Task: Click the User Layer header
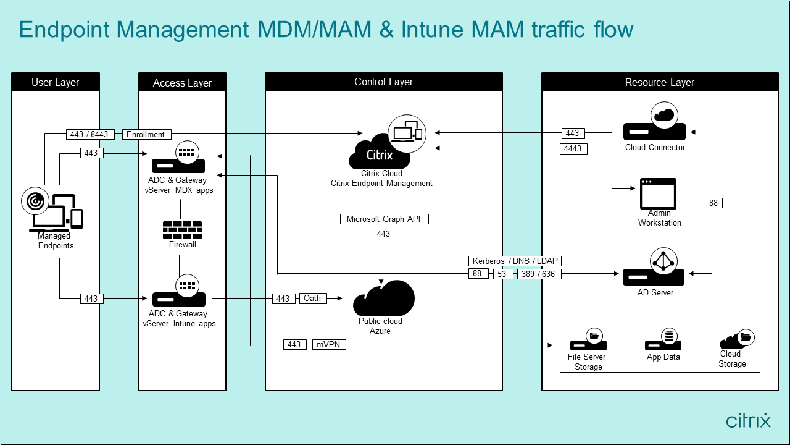[x=56, y=82]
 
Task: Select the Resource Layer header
[x=659, y=82]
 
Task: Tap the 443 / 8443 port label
[x=89, y=134]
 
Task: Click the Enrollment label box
[x=146, y=134]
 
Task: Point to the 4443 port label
[x=573, y=148]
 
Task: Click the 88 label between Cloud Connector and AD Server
[x=713, y=203]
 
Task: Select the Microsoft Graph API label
[x=384, y=219]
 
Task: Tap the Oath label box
[x=312, y=299]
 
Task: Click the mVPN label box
[x=328, y=344]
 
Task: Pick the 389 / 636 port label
[x=539, y=274]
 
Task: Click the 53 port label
[x=502, y=274]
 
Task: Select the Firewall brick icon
[x=182, y=230]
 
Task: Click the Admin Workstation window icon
[x=658, y=194]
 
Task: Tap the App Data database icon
[x=663, y=341]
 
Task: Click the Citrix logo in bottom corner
[x=748, y=420]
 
